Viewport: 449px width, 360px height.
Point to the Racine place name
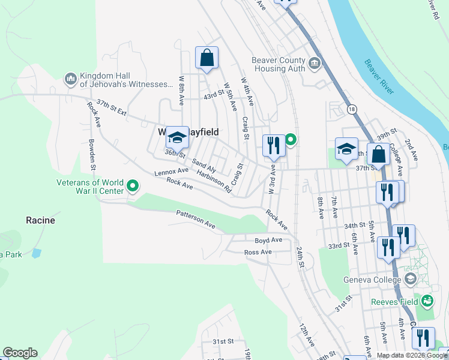tap(40, 220)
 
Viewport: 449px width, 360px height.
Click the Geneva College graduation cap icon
tap(410, 280)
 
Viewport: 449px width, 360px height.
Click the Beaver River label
tap(379, 77)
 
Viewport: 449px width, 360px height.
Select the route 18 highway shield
tap(351, 109)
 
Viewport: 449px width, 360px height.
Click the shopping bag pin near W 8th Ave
tap(206, 59)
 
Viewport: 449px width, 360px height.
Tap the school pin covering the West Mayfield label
tap(177, 139)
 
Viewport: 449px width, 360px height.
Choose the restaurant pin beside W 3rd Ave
tap(273, 145)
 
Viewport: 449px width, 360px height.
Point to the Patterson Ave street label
tap(195, 220)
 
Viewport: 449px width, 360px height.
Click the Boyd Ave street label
tap(268, 240)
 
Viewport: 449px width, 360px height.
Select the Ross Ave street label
tap(258, 252)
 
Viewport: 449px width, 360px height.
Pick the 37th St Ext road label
tap(112, 108)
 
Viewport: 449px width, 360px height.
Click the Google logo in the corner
tap(20, 353)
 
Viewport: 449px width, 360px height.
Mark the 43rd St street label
tap(213, 95)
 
